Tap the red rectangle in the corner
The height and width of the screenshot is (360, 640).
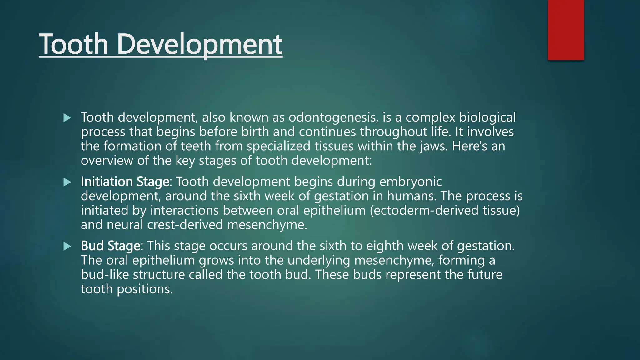click(x=566, y=30)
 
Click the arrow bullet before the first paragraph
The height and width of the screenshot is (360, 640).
click(x=67, y=118)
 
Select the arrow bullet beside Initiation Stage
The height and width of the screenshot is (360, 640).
click(x=67, y=182)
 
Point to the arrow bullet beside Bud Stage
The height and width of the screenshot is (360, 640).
click(x=67, y=247)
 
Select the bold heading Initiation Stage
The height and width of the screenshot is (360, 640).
click(x=125, y=182)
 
